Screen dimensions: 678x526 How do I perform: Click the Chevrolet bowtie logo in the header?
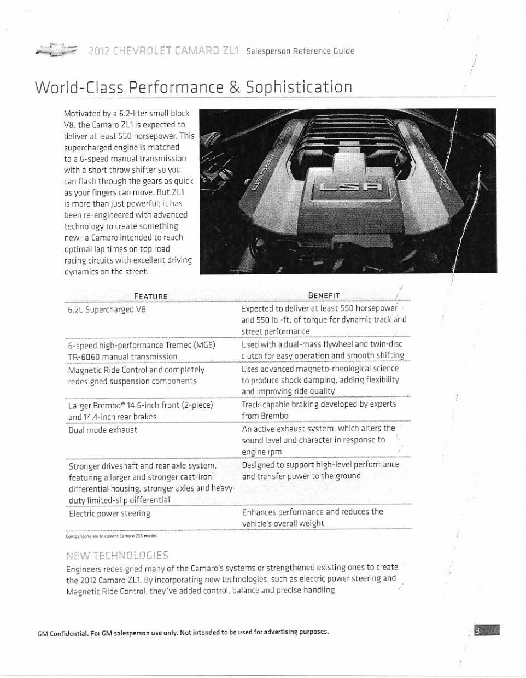pyautogui.click(x=56, y=50)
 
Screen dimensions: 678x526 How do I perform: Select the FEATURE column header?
pyautogui.click(x=150, y=296)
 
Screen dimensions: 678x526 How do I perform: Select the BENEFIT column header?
pyautogui.click(x=324, y=295)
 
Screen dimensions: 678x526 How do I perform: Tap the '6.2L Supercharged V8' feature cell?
pyautogui.click(x=107, y=309)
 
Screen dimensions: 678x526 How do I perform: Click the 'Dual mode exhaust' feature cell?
pyautogui.click(x=103, y=430)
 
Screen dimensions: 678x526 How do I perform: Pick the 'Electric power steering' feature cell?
pyautogui.click(x=109, y=514)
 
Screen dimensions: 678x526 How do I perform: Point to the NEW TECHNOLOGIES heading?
pyautogui.click(x=117, y=556)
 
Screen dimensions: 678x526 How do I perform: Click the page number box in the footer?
pyautogui.click(x=487, y=632)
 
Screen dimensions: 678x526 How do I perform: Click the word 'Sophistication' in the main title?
pyautogui.click(x=299, y=87)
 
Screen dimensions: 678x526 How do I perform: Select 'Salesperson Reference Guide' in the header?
pyautogui.click(x=300, y=51)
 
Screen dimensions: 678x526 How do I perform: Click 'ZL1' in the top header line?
pyautogui.click(x=230, y=51)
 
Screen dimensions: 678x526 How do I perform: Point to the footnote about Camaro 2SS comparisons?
pyautogui.click(x=111, y=536)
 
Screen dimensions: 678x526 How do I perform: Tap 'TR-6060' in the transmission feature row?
pyautogui.click(x=84, y=357)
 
